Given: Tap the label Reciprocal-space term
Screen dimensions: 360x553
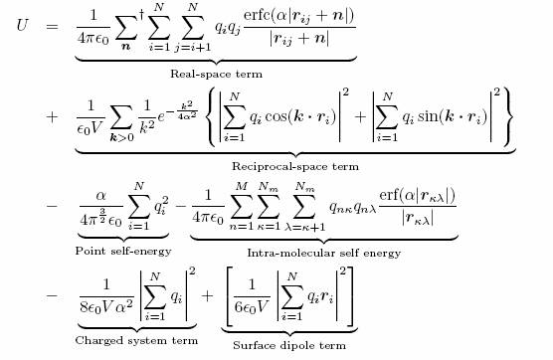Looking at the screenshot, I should click(x=294, y=166).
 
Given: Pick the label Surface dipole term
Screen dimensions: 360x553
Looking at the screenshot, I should click(x=289, y=345).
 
